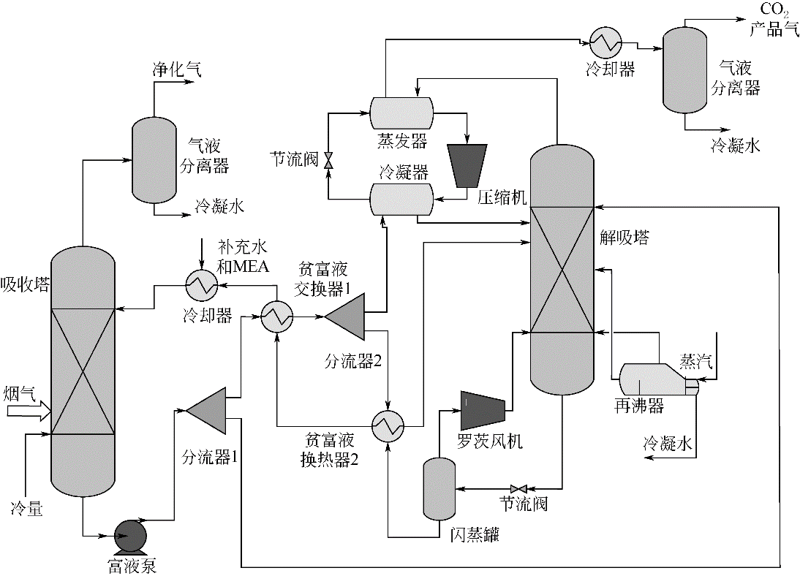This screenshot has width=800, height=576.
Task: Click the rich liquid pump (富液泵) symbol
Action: pyautogui.click(x=129, y=536)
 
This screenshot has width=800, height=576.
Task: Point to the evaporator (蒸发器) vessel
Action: pyautogui.click(x=401, y=113)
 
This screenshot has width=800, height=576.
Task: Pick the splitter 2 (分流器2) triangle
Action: pyautogui.click(x=346, y=318)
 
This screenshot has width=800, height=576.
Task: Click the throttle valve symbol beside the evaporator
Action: pyautogui.click(x=328, y=159)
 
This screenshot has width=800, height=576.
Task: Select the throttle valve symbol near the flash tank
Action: pyautogui.click(x=522, y=488)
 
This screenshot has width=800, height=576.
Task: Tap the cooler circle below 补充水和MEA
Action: pyautogui.click(x=200, y=286)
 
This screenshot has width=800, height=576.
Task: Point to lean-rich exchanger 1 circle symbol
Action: pyautogui.click(x=277, y=317)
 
